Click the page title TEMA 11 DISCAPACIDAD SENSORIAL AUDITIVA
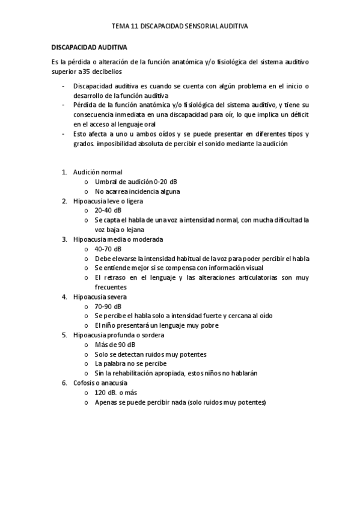pos(180,27)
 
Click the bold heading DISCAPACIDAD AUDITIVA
pos(89,46)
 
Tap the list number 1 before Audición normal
pos(64,172)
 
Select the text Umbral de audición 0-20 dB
pos(136,182)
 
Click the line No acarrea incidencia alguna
pos(137,191)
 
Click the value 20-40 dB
pos(108,210)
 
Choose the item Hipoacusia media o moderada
pos(117,239)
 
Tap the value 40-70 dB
pos(108,248)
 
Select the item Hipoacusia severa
pos(100,296)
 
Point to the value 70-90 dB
pos(108,306)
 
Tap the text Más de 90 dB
pos(115,345)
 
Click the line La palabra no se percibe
pos(130,364)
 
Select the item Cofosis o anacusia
pos(100,383)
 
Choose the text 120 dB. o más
pos(116,393)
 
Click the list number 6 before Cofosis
pos(64,383)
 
